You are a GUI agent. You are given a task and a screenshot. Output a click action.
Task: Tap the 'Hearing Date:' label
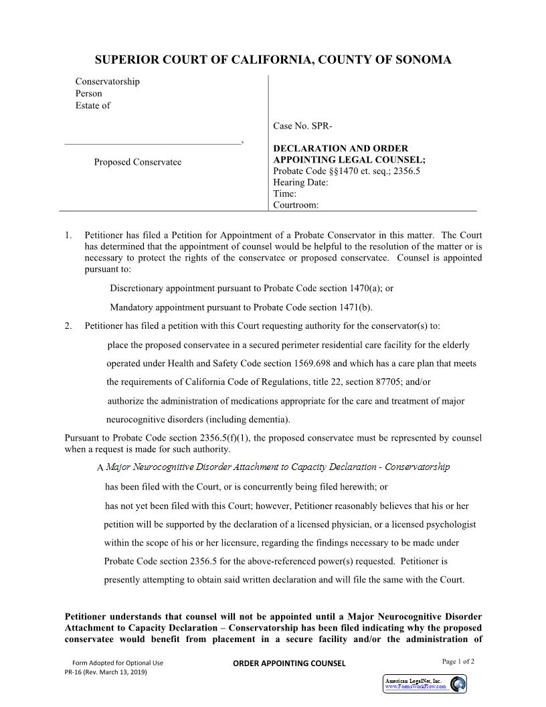(x=300, y=182)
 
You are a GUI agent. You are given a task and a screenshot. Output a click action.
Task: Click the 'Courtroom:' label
(x=296, y=205)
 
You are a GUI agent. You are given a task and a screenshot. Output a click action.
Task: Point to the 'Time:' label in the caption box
(x=284, y=193)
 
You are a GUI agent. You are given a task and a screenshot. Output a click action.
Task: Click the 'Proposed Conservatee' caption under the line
(x=137, y=162)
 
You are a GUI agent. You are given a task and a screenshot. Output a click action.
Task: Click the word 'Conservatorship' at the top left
(x=107, y=82)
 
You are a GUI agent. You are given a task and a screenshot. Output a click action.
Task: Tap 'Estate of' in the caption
(x=92, y=105)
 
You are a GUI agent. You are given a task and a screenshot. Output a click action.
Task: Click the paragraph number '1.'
(x=68, y=235)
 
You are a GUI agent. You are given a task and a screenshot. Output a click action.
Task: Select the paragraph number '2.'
(x=68, y=326)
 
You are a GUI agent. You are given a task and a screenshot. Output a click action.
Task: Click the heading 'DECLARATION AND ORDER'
(x=341, y=148)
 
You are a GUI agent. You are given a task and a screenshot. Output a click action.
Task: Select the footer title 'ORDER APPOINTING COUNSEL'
(x=288, y=663)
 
